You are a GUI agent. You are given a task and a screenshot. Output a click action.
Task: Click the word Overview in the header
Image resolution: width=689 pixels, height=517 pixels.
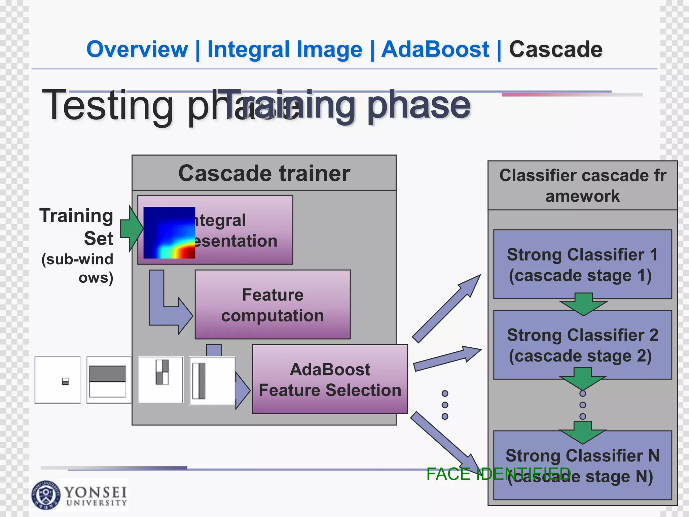(137, 49)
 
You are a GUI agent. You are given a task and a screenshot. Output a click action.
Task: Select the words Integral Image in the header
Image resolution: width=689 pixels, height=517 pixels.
(285, 49)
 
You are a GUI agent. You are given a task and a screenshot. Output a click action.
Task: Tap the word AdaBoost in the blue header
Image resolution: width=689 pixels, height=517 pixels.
(435, 49)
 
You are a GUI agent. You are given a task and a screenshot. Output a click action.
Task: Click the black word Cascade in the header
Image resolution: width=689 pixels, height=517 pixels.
(555, 49)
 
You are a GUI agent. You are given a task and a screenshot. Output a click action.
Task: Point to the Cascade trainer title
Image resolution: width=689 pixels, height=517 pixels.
(264, 173)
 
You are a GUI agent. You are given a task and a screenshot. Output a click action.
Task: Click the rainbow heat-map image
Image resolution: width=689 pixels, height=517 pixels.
(169, 233)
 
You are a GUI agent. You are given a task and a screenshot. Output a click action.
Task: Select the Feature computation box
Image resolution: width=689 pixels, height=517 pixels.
(273, 305)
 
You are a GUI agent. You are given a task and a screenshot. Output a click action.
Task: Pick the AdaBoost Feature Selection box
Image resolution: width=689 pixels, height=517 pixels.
(330, 379)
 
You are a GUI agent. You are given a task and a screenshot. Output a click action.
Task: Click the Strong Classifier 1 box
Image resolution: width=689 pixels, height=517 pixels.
(582, 264)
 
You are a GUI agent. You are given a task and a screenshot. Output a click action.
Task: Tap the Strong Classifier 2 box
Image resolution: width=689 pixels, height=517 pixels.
(582, 345)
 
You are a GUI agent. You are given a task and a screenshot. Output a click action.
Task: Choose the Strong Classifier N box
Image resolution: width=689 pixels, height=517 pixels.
(582, 465)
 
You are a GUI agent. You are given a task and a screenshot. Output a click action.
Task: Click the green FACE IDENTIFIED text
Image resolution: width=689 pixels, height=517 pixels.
(498, 474)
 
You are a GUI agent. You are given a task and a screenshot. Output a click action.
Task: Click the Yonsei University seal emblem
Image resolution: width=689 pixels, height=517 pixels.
(46, 495)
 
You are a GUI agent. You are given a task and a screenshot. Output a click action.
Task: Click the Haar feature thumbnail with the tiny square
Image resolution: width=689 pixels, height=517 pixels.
(58, 380)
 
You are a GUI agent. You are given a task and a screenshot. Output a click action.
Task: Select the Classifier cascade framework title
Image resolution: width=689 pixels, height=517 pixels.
(582, 185)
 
